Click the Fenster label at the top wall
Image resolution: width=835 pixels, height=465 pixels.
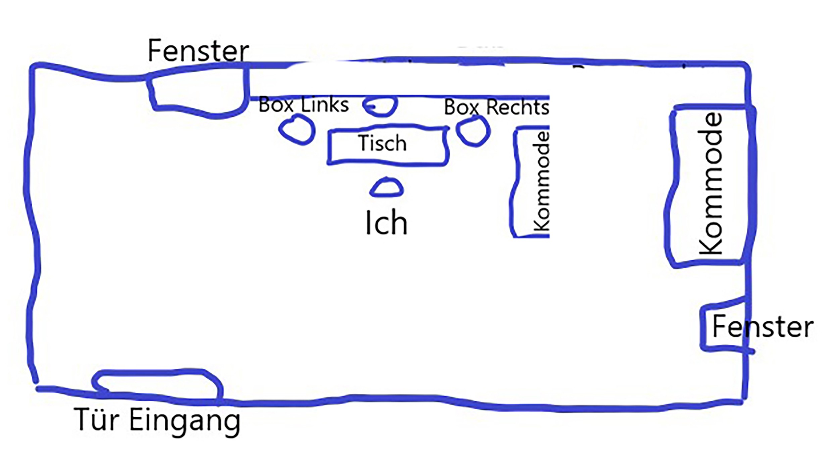[x=198, y=51]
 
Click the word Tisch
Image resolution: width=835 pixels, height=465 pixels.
[x=382, y=143]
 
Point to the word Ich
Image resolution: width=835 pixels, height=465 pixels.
[x=386, y=223]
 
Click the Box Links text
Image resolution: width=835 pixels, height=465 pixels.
[x=303, y=105]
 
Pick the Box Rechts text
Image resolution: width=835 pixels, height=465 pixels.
[x=496, y=107]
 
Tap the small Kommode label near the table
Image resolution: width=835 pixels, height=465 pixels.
[x=541, y=182]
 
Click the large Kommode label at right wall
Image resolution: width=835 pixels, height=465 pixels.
[x=710, y=184]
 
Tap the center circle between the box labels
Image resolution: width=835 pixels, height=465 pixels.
[x=381, y=105]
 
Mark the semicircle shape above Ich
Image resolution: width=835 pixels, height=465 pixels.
[x=387, y=188]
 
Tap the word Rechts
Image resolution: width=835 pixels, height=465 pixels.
[x=518, y=107]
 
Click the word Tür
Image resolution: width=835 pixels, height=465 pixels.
[x=97, y=420]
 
